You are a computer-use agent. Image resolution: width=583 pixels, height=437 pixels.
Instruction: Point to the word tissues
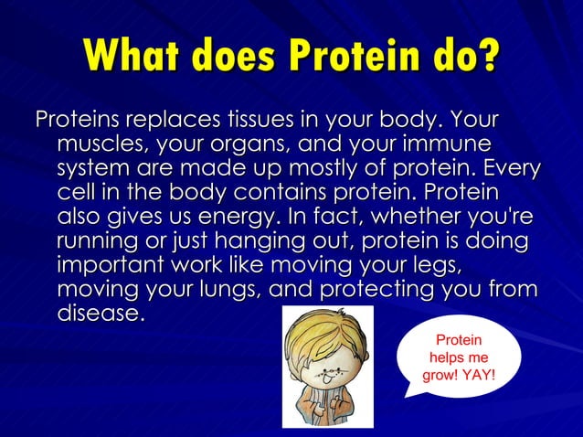261,121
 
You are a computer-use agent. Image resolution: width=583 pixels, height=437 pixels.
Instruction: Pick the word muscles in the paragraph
99,145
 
